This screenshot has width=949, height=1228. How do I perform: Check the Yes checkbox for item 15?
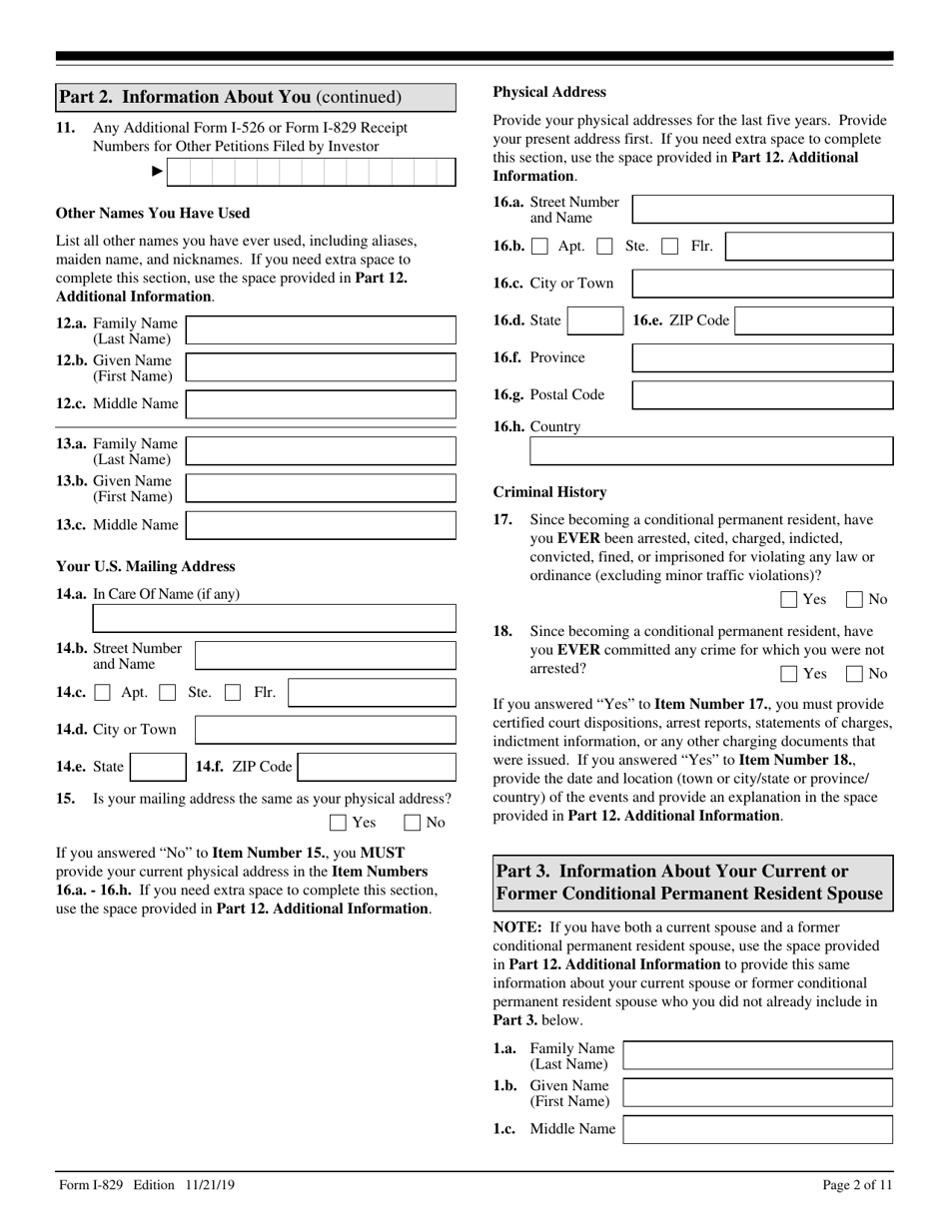338,823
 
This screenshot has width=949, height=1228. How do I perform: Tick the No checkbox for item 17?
855,600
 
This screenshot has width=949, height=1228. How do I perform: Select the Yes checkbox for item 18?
788,674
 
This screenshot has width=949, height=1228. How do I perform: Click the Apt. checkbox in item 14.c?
102,693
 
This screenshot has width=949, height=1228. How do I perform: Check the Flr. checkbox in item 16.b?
670,247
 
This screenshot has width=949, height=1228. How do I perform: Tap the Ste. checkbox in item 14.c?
169,693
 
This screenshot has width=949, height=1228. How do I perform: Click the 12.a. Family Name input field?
321,330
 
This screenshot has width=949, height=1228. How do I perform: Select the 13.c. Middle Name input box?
321,525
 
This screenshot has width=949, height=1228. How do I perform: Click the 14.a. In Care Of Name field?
274,619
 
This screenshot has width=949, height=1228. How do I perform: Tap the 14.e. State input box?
158,767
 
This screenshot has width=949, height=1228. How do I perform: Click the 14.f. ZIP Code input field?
377,767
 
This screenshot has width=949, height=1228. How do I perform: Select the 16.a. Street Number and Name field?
762,210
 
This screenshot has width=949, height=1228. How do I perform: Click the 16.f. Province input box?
762,357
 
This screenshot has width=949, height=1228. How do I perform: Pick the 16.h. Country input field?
710,451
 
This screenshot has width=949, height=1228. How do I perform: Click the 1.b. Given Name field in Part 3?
757,1092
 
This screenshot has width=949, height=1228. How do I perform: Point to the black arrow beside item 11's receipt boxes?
156,173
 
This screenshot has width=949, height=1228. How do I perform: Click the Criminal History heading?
549,492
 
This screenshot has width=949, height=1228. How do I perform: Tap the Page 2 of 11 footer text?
857,1185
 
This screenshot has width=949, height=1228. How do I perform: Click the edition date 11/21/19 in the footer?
210,1185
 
